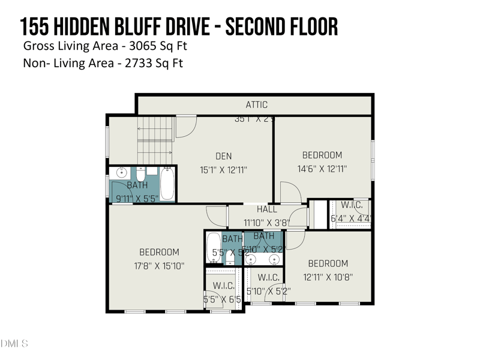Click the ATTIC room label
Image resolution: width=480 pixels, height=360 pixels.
[257, 105]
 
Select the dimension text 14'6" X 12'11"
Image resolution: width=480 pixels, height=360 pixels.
[322, 170]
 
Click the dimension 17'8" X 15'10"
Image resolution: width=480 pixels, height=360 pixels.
[158, 266]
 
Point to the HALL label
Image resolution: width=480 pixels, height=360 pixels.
[267, 209]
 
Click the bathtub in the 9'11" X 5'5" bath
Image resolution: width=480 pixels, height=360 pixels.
[167, 184]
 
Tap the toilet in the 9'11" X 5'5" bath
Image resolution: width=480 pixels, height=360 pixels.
[141, 175]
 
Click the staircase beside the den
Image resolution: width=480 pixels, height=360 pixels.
[155, 138]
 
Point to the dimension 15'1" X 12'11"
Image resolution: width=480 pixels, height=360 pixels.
[223, 170]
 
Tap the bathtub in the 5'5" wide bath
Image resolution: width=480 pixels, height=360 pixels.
[214, 248]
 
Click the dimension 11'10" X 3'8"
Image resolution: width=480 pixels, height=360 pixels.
[267, 222]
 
